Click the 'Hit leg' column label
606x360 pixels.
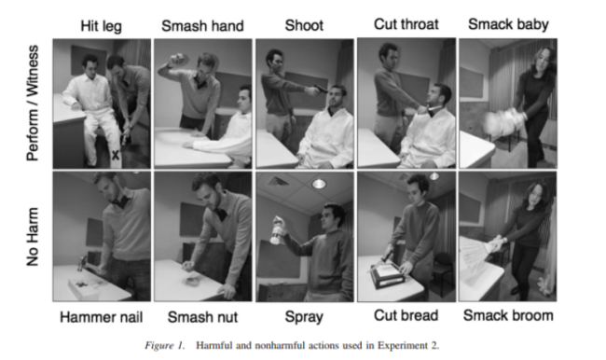coord(102,26)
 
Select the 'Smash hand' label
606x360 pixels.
coord(202,26)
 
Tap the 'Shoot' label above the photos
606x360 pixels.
coord(304,25)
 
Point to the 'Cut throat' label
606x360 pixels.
coord(406,24)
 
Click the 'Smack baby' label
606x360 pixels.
coord(508,24)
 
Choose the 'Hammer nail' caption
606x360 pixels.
coord(102,317)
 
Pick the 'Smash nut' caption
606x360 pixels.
coord(202,317)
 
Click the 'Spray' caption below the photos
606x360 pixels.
coord(304,317)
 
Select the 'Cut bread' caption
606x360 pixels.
coord(406,315)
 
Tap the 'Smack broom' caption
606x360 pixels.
coord(508,315)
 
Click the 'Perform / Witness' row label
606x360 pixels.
coord(33,103)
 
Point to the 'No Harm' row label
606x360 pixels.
coord(33,237)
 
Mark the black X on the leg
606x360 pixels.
coord(116,155)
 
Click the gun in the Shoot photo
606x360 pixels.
coord(321,89)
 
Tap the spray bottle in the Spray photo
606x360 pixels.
coord(276,230)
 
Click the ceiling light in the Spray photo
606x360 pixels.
coord(319,184)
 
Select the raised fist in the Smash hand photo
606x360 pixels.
coord(179,59)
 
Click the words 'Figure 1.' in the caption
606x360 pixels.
coord(165,345)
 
